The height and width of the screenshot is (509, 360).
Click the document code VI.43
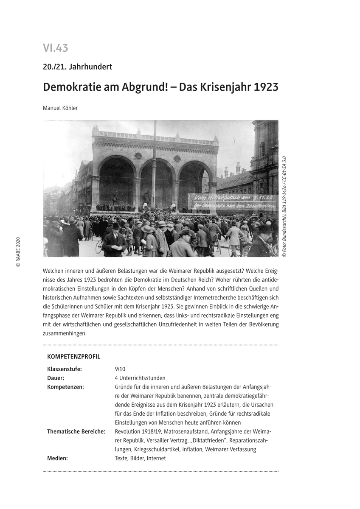pos(55,48)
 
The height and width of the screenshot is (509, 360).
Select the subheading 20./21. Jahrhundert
pos(77,67)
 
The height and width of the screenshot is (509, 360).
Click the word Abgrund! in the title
pos(153,87)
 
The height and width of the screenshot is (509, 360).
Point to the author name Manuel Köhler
pos(60,108)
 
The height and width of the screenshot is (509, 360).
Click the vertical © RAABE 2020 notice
pos(18,252)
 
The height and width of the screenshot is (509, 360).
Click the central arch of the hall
pos(157,182)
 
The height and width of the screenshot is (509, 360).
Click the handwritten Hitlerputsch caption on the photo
pos(233,202)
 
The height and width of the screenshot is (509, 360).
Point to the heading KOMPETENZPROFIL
pos(73,357)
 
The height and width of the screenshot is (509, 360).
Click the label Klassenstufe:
pos(65,369)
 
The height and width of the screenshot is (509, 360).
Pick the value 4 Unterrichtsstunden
pos(140,378)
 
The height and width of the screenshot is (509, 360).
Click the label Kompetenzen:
pos(65,387)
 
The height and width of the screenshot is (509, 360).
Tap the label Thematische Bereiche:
pos(76,431)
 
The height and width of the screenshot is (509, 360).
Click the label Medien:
pos(57,458)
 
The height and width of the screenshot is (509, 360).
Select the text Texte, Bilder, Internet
pos(140,458)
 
